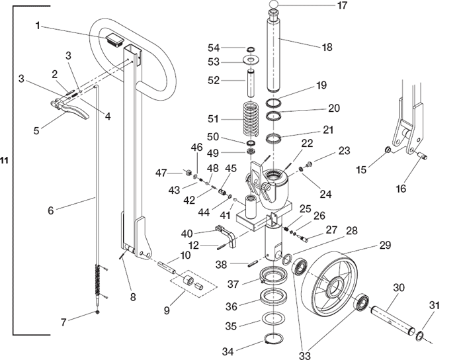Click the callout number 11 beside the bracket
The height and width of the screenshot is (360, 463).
pyautogui.click(x=5, y=160)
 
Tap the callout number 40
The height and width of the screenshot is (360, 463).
pyautogui.click(x=187, y=233)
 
